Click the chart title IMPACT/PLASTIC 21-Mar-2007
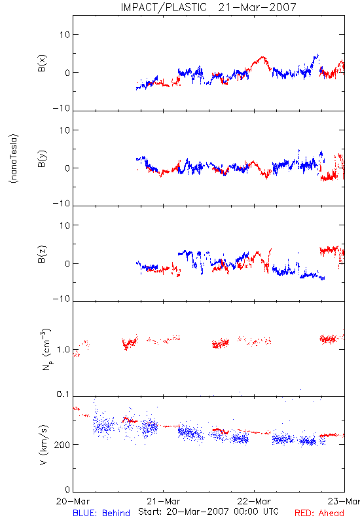click(208, 7)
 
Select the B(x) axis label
click(42, 64)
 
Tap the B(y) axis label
click(42, 159)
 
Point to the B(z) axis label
click(42, 255)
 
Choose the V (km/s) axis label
click(43, 445)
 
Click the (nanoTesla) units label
click(14, 159)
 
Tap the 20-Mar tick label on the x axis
click(73, 501)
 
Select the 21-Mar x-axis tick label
click(163, 501)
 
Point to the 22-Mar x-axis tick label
click(254, 501)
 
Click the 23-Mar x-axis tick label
click(344, 501)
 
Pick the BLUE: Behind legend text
click(101, 513)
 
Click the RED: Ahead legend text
click(319, 513)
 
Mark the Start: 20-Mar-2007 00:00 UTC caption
click(208, 512)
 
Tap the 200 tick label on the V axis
click(62, 445)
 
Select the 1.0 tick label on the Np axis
click(63, 350)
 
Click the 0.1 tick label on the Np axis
click(63, 394)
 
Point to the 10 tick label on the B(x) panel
click(65, 35)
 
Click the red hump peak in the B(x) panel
click(263, 57)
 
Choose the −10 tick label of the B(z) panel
click(62, 299)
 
